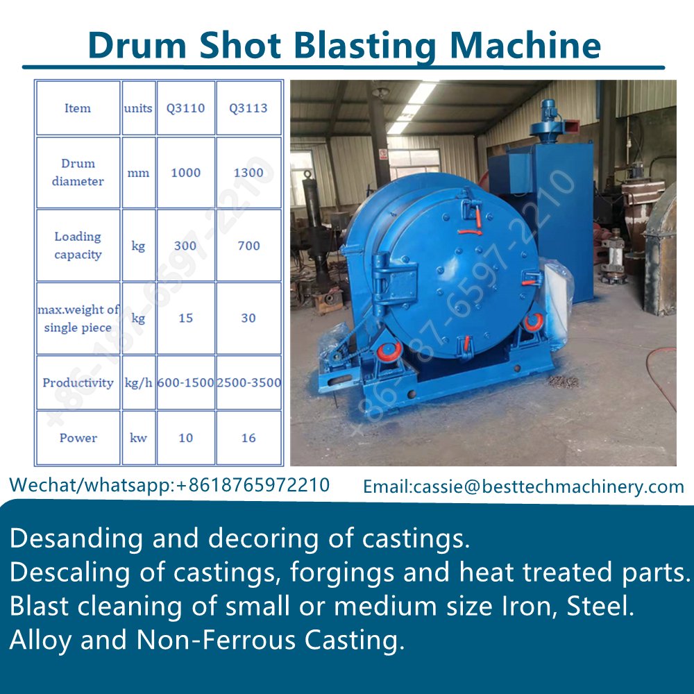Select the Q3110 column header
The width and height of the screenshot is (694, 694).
click(x=185, y=108)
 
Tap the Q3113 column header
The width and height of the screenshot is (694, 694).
click(x=248, y=108)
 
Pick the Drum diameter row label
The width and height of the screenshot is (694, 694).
click(x=78, y=172)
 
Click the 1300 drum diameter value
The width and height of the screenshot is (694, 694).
click(x=248, y=172)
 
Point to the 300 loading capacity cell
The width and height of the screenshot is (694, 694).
click(x=185, y=245)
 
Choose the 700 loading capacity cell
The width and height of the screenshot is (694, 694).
click(x=248, y=245)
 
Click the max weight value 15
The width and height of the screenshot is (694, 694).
click(x=185, y=318)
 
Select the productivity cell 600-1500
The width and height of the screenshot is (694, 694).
click(x=185, y=382)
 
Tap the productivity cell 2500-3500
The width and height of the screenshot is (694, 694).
click(x=248, y=382)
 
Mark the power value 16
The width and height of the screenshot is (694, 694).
click(x=248, y=438)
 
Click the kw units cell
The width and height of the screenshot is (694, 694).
click(x=138, y=438)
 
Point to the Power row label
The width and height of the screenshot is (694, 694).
click(x=78, y=438)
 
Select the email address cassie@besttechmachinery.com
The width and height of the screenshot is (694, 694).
click(x=548, y=486)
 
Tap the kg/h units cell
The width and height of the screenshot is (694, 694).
click(x=138, y=382)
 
